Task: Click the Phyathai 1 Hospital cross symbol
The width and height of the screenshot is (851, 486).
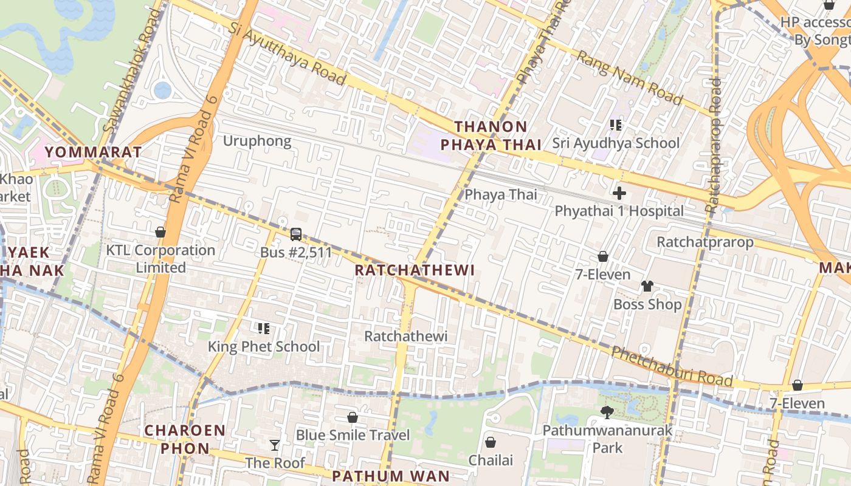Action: pyautogui.click(x=619, y=194)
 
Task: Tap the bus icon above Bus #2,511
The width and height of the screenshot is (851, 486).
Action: pyautogui.click(x=296, y=234)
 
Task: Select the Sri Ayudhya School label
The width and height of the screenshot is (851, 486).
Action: pyautogui.click(x=616, y=143)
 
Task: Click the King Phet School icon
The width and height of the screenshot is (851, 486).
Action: pyautogui.click(x=264, y=329)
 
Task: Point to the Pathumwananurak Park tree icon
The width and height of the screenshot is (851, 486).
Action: pyautogui.click(x=607, y=412)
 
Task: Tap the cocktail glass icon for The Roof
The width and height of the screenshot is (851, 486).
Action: pyautogui.click(x=275, y=445)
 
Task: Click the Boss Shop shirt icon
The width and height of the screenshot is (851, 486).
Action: pyautogui.click(x=647, y=286)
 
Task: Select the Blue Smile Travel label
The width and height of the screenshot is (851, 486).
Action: pyautogui.click(x=353, y=435)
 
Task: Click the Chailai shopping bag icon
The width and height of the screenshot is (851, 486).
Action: pyautogui.click(x=491, y=442)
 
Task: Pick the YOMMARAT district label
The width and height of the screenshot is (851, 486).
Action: pyautogui.click(x=93, y=152)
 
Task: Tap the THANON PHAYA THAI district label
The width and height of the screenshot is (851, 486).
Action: pyautogui.click(x=491, y=135)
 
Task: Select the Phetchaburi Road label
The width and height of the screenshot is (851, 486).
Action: pyautogui.click(x=672, y=366)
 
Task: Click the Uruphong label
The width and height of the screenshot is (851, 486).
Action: pyautogui.click(x=257, y=141)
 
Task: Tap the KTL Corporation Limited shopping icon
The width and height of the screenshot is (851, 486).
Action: pyautogui.click(x=160, y=232)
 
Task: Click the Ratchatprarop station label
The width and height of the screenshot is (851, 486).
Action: pyautogui.click(x=705, y=242)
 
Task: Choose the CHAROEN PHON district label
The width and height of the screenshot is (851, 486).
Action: pyautogui.click(x=185, y=439)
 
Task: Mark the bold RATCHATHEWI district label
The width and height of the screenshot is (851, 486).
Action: pyautogui.click(x=414, y=270)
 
